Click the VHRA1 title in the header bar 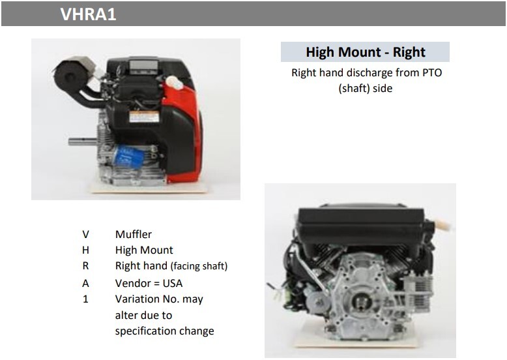pyautogui.click(x=88, y=14)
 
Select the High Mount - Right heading pyautogui.click(x=366, y=52)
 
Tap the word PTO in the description pyautogui.click(x=432, y=73)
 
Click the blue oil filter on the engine pyautogui.click(x=128, y=157)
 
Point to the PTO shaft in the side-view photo pyautogui.click(x=83, y=142)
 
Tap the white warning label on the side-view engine pyautogui.click(x=144, y=117)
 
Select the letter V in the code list pyautogui.click(x=85, y=234)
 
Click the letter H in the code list pyautogui.click(x=85, y=250)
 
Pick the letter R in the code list pyautogui.click(x=85, y=266)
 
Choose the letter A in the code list pyautogui.click(x=85, y=283)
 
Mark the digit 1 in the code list pyautogui.click(x=85, y=299)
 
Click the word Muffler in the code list pyautogui.click(x=134, y=234)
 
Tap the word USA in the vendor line pyautogui.click(x=173, y=283)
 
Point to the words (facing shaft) pyautogui.click(x=199, y=266)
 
